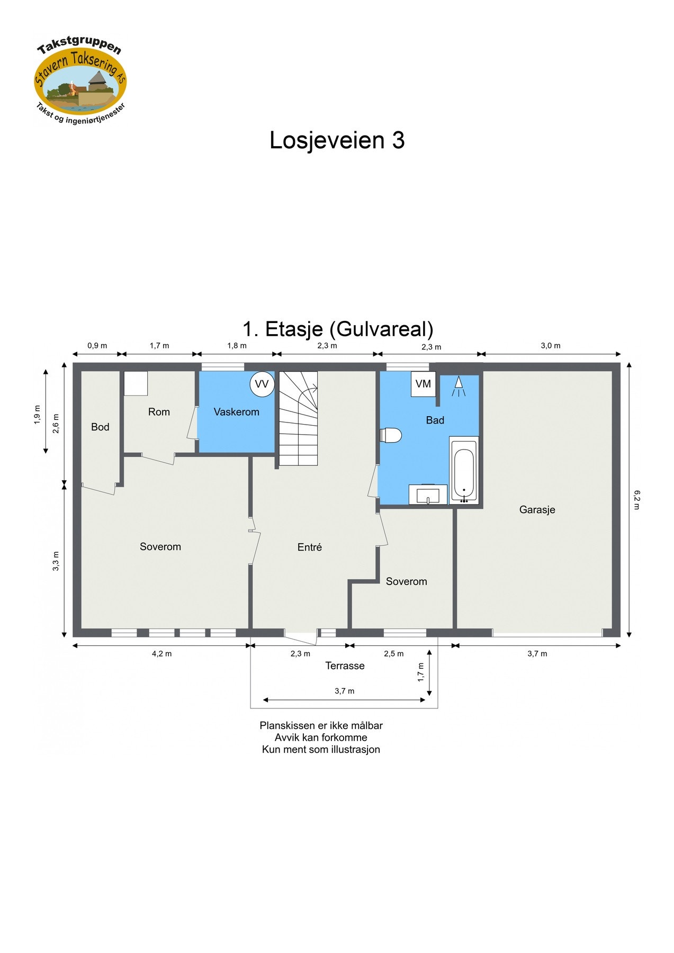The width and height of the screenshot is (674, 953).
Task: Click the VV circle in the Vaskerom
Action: click(x=262, y=384)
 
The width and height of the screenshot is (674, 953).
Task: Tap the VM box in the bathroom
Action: click(x=423, y=384)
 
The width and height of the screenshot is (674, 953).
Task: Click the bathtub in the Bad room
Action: click(x=464, y=469)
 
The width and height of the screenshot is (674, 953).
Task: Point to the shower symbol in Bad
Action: click(x=459, y=386)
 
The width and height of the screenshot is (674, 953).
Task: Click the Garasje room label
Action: click(x=537, y=510)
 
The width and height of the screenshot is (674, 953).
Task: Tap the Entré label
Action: click(x=310, y=547)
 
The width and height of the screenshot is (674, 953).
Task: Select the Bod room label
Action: click(x=100, y=427)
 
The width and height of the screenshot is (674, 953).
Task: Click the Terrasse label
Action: click(x=345, y=666)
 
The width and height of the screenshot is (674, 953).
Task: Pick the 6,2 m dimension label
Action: click(x=636, y=500)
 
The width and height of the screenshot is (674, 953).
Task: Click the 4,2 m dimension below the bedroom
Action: click(x=161, y=654)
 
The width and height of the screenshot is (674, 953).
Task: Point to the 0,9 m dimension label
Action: click(x=97, y=346)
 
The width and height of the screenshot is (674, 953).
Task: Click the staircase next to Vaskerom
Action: click(x=299, y=418)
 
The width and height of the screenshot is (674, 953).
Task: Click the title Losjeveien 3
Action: click(x=337, y=140)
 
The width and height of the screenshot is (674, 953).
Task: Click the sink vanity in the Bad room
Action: click(x=428, y=495)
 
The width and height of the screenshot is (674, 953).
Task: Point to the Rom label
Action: click(x=159, y=412)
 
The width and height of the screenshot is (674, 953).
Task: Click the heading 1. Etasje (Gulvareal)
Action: click(x=338, y=329)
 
